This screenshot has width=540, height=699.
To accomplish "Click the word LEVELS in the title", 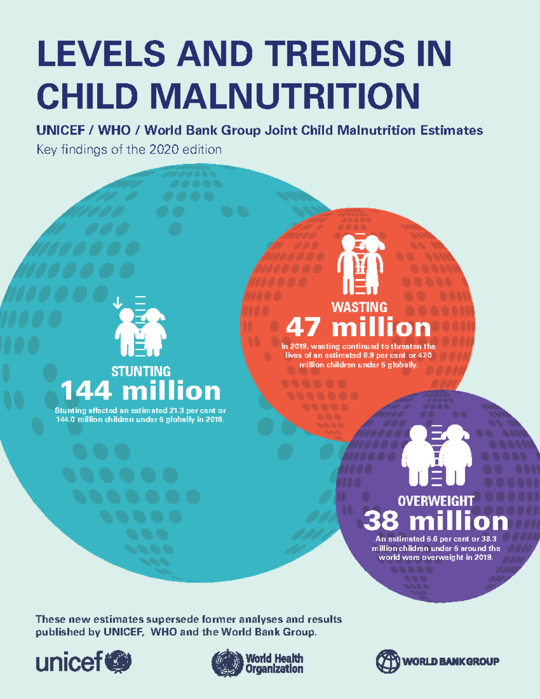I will [x=102, y=54].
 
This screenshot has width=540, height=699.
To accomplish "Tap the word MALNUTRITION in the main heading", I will [x=284, y=96].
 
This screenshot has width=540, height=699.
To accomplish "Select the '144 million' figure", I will [x=140, y=391].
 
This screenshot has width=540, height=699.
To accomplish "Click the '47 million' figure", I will [x=359, y=327].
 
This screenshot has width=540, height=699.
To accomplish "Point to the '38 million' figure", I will [x=436, y=521].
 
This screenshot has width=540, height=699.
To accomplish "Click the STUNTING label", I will [x=141, y=371].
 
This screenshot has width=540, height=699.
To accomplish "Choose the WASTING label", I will [x=359, y=307].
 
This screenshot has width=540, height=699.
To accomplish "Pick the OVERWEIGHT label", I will [x=436, y=501].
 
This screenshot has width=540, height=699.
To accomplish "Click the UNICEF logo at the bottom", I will [x=84, y=662].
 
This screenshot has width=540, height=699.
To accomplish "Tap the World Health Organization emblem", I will [x=227, y=663].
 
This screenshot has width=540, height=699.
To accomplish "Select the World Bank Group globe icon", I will [x=388, y=661].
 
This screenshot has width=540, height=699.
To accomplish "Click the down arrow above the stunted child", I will [x=117, y=302].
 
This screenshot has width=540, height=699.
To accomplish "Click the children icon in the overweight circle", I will [x=436, y=455].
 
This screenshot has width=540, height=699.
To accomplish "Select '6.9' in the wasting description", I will [x=369, y=355].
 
